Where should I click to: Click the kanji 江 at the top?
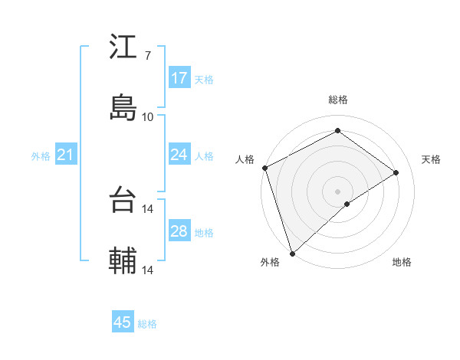123,47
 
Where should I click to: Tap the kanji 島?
123,107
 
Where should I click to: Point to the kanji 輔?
123,261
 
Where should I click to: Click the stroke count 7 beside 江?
147,56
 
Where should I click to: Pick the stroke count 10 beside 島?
147,116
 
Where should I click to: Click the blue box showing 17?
179,78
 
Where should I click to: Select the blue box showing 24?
179,155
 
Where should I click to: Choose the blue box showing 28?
179,231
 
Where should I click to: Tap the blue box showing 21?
66,155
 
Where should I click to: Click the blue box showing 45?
123,322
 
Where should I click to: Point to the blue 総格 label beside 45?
147,324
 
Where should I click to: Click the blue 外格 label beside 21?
41,156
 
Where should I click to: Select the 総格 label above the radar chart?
338,100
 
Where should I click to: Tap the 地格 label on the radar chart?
402,262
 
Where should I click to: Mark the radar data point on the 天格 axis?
396,172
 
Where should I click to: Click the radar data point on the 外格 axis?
292,253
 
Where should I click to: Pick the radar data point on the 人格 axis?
264,168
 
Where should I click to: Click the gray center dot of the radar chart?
337,191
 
